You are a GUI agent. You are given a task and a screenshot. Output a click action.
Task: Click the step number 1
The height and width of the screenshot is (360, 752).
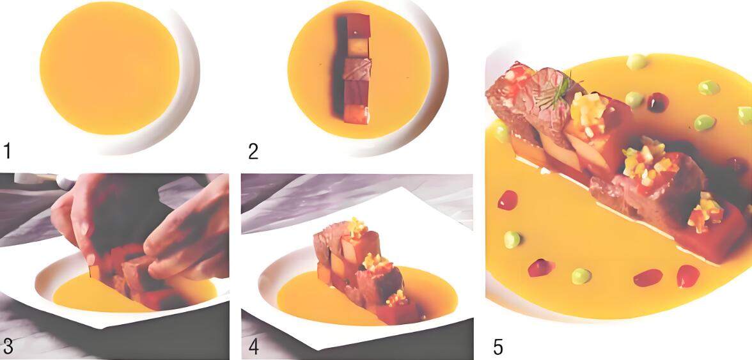point(7,152)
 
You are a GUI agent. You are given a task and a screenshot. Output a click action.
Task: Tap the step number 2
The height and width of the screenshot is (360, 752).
point(253,152)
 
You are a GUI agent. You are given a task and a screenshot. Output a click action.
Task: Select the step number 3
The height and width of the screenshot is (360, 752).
point(8,346)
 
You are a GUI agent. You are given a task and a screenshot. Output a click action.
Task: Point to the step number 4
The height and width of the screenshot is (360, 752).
point(254,347)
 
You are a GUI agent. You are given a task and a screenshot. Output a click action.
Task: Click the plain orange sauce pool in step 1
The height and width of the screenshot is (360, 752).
point(109,76)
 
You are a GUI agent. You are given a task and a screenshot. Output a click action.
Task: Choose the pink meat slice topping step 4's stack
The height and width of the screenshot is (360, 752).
point(327,242)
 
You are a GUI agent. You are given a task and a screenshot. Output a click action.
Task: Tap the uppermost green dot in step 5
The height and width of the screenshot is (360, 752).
point(636,61)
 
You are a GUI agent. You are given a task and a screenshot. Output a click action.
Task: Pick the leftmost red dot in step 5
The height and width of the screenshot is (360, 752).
point(507,200)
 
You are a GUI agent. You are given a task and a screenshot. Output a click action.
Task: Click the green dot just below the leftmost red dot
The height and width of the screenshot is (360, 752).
point(512,239)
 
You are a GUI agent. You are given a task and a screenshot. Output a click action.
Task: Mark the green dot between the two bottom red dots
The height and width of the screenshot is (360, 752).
point(581,276)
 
